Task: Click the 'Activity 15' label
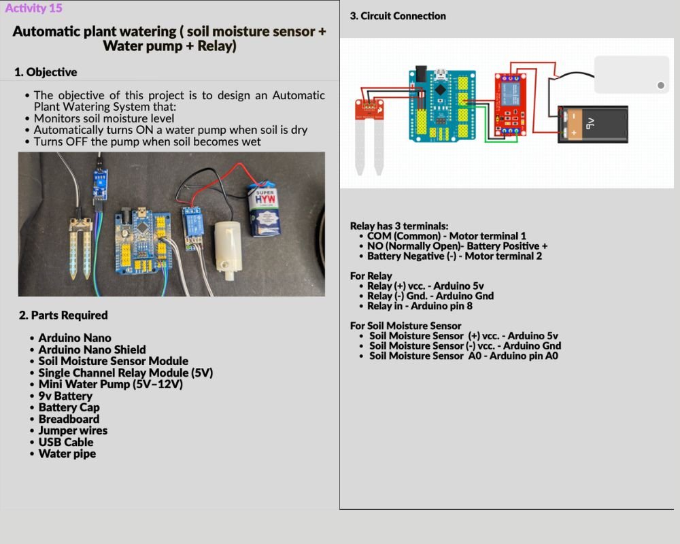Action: [x=33, y=8]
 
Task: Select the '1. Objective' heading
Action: [x=46, y=72]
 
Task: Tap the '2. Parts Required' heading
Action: [x=63, y=315]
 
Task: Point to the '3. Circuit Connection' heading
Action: [x=398, y=16]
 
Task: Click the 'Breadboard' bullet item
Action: [x=69, y=419]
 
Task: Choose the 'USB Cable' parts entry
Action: [x=66, y=442]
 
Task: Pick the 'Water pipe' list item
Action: [x=67, y=454]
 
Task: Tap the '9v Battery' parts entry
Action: [x=65, y=396]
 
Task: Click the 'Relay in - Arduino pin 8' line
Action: [x=420, y=306]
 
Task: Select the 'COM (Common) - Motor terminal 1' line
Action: [x=446, y=236]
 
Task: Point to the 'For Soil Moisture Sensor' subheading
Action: [x=405, y=326]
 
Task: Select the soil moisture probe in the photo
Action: [x=78, y=248]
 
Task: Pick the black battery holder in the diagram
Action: [x=592, y=124]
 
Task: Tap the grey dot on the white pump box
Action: [x=660, y=85]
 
